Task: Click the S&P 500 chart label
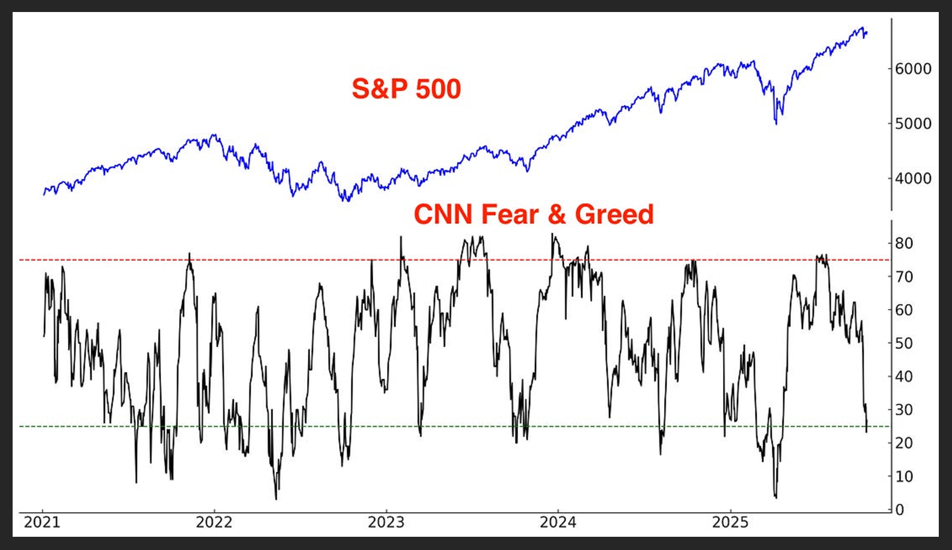click(x=406, y=89)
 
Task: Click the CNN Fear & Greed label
click(x=533, y=215)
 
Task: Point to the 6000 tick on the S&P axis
click(x=913, y=69)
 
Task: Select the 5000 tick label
click(x=913, y=124)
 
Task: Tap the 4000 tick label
click(x=913, y=179)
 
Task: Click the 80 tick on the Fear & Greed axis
click(x=904, y=243)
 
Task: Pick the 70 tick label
click(x=904, y=277)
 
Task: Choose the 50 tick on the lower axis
click(x=904, y=343)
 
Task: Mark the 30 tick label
click(x=904, y=410)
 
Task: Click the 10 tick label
click(x=904, y=477)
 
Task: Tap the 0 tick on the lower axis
click(x=900, y=510)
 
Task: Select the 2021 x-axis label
click(x=42, y=522)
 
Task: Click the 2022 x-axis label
click(x=214, y=522)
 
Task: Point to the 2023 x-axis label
click(x=386, y=522)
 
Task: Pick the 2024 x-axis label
click(x=558, y=522)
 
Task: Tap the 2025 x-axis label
click(x=730, y=522)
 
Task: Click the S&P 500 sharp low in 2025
click(x=776, y=123)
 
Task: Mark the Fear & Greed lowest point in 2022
click(x=276, y=498)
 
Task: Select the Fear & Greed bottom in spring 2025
click(x=776, y=497)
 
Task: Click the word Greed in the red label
click(x=614, y=215)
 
